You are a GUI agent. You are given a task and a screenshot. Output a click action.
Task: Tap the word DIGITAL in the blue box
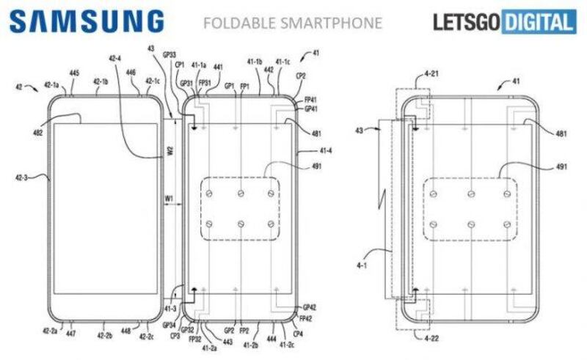pyautogui.click(x=538, y=23)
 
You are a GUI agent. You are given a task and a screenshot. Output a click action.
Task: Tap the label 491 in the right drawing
pyautogui.click(x=561, y=167)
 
